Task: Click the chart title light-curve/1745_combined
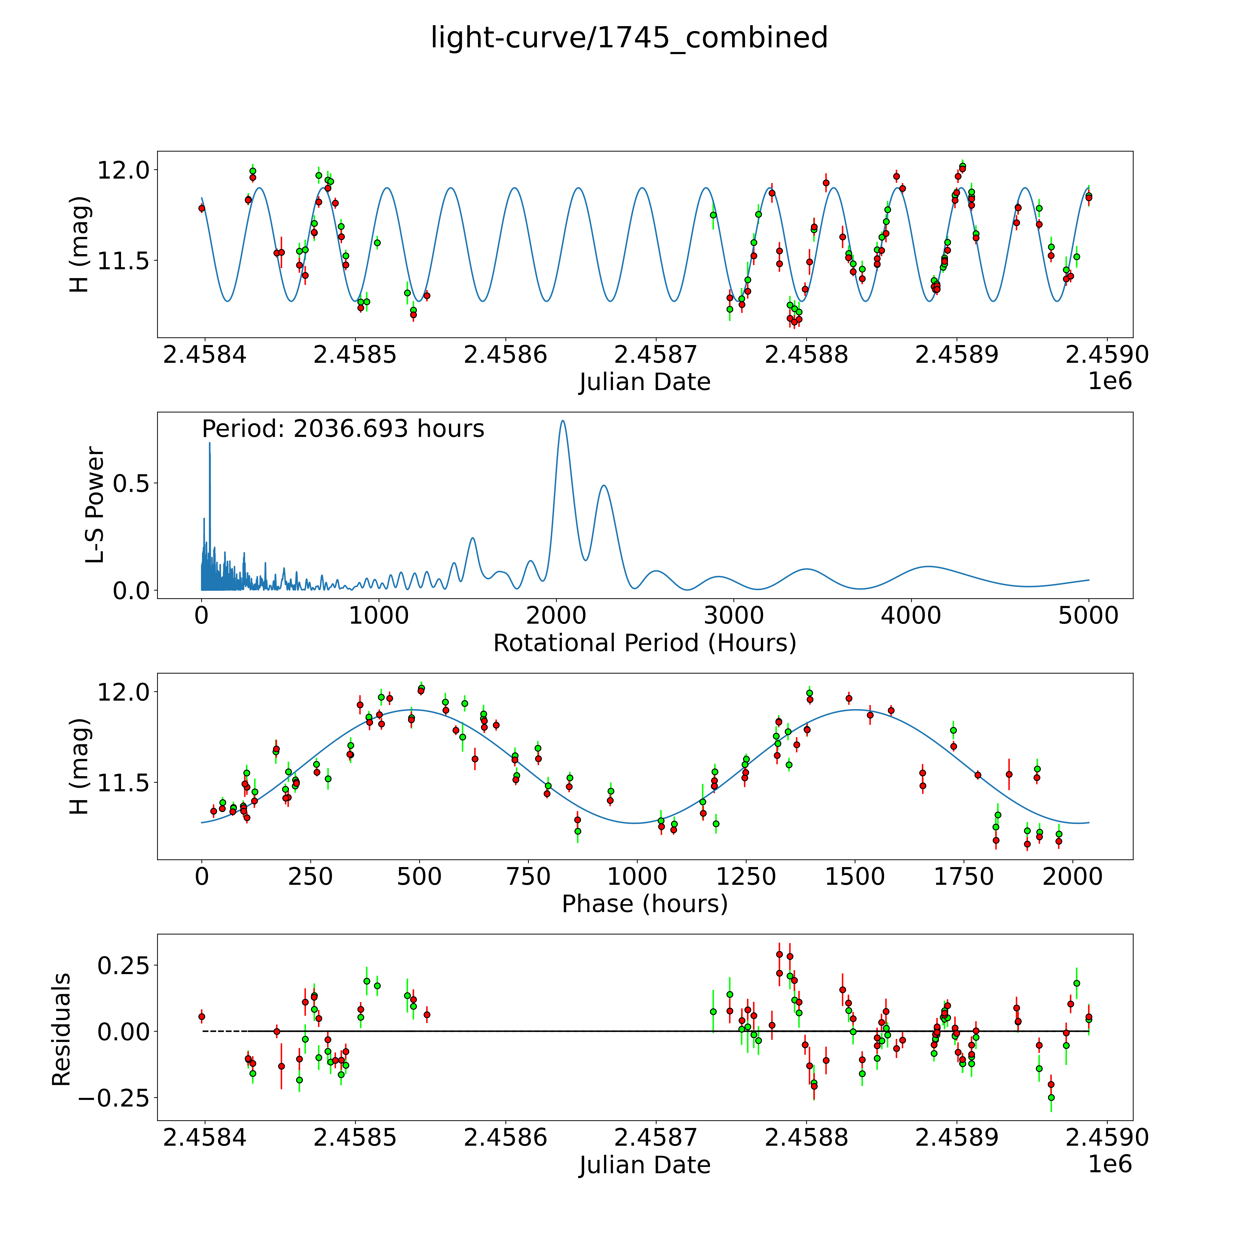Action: (x=629, y=38)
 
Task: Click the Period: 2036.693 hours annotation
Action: (x=343, y=429)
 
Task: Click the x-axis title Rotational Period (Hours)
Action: (x=644, y=643)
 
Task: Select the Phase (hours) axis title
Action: (x=644, y=904)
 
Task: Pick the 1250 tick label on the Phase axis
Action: (x=746, y=876)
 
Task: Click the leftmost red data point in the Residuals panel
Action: (x=201, y=1017)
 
